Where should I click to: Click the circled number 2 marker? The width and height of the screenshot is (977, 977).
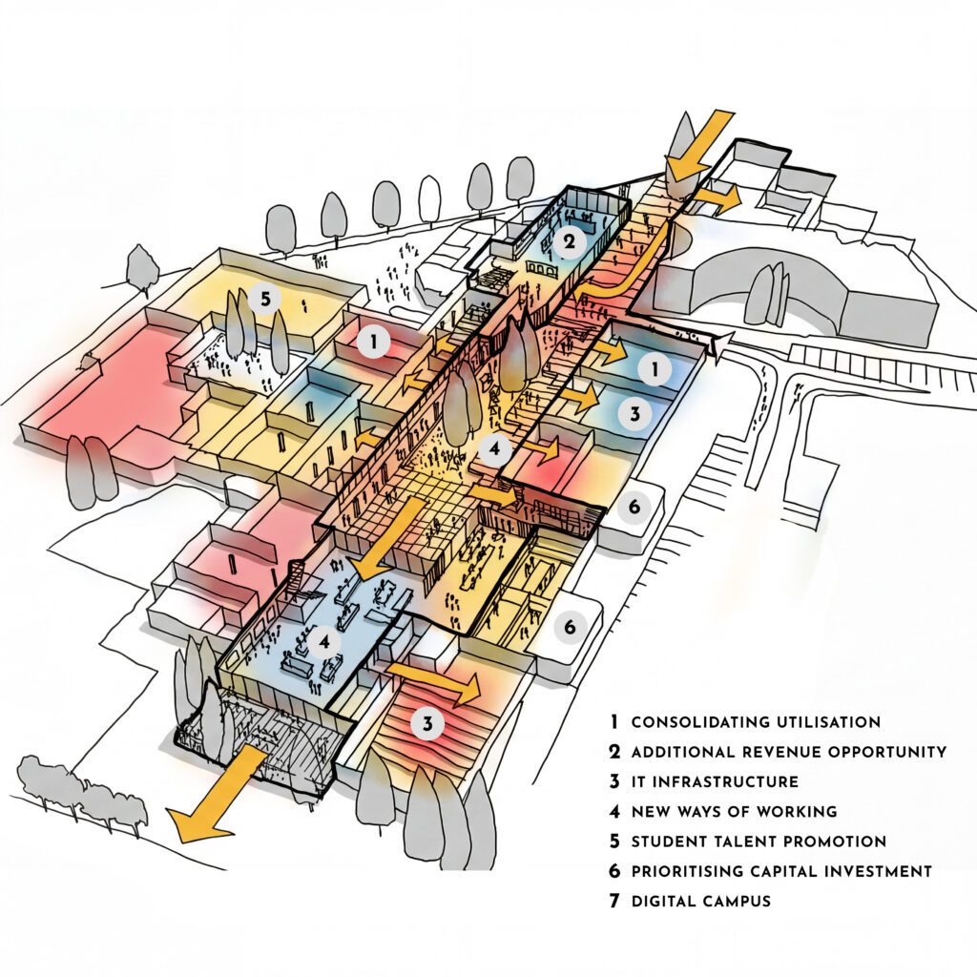[569, 242]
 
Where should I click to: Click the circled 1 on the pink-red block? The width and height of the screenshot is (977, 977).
[374, 341]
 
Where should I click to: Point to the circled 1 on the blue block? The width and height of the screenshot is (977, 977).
[654, 369]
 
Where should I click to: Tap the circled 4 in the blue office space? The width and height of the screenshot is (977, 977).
[325, 642]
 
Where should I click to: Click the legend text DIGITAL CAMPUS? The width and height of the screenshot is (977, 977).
[700, 901]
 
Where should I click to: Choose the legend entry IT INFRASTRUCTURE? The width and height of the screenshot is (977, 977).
[715, 781]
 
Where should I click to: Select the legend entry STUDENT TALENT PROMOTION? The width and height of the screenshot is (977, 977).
[759, 842]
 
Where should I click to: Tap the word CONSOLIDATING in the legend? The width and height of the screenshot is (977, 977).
[695, 722]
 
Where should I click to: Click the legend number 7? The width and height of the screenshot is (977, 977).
[615, 901]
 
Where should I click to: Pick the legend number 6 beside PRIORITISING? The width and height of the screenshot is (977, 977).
[615, 871]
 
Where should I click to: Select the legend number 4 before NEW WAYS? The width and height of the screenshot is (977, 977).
[615, 812]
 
